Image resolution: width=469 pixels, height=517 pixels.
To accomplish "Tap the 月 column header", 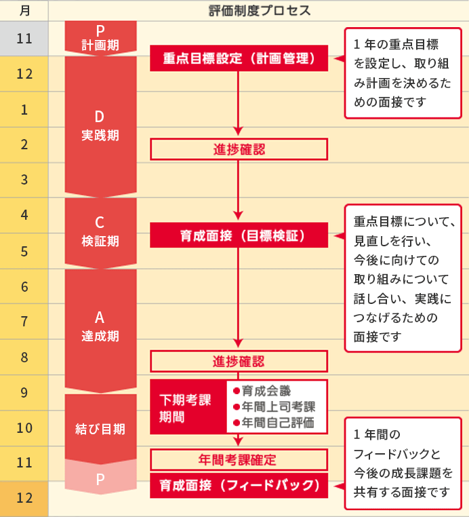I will tap(24, 10).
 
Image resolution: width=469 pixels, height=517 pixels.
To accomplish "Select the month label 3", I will tap(24, 180).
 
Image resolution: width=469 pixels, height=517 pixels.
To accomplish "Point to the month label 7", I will tap(24, 322).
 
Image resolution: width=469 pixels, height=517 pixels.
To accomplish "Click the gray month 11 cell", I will tap(24, 38).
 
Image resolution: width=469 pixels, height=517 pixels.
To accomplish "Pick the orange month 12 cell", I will tap(24, 498).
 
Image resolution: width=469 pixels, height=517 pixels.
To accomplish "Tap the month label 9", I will tap(24, 392).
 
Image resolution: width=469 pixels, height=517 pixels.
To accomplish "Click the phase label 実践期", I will tap(100, 135).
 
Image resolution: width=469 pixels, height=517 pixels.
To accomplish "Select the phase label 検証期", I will tap(100, 241).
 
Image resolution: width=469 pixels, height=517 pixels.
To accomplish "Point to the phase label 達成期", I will tap(100, 335).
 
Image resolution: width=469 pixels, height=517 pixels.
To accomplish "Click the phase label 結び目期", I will tap(100, 429).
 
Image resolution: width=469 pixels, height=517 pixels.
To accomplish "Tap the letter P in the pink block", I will tap(100, 479).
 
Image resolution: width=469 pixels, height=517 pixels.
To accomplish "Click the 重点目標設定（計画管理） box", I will tap(239, 59).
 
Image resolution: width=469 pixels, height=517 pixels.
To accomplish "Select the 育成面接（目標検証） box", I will tap(239, 235).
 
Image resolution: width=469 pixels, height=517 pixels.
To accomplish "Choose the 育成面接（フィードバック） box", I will tap(239, 486).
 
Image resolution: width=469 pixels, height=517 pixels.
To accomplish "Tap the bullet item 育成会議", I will tap(266, 391).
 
